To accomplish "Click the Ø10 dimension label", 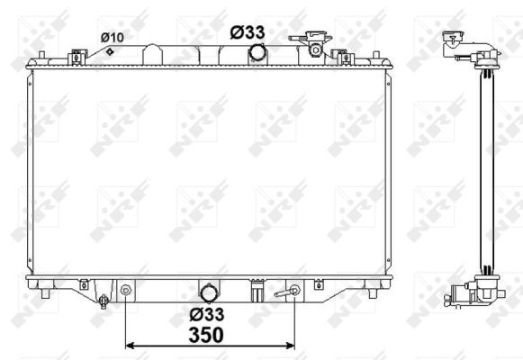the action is tap(112, 37).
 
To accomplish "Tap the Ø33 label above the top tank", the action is tap(248, 32).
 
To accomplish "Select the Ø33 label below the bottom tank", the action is tap(207, 314).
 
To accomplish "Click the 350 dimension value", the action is tap(206, 335).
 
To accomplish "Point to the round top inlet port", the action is tap(257, 53).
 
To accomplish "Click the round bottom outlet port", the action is tap(209, 293).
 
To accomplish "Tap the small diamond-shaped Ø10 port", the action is tap(110, 51).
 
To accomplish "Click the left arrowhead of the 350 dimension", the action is tap(129, 346).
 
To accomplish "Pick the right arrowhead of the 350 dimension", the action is tap(291, 346).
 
